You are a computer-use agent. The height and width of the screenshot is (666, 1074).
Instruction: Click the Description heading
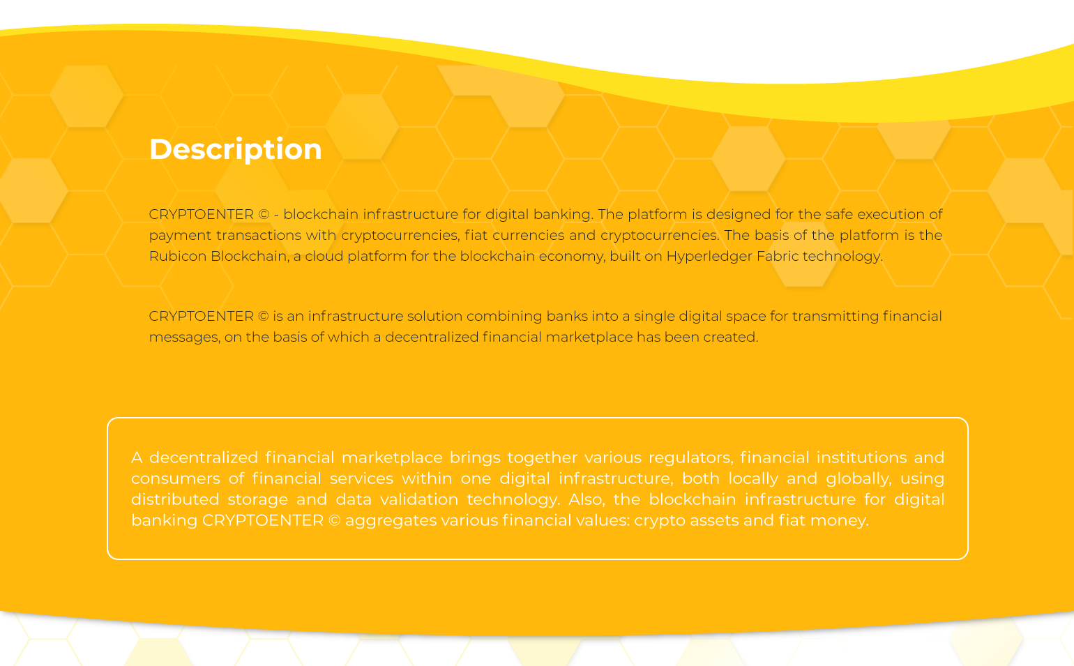[x=236, y=150]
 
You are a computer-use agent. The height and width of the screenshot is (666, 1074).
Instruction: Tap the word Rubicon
[x=178, y=256]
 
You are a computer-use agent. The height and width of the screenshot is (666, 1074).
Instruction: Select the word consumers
[x=176, y=479]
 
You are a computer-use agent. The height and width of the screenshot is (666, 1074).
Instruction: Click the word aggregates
[x=391, y=521]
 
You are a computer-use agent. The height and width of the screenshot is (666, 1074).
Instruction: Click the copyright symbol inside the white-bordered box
[x=335, y=521]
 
